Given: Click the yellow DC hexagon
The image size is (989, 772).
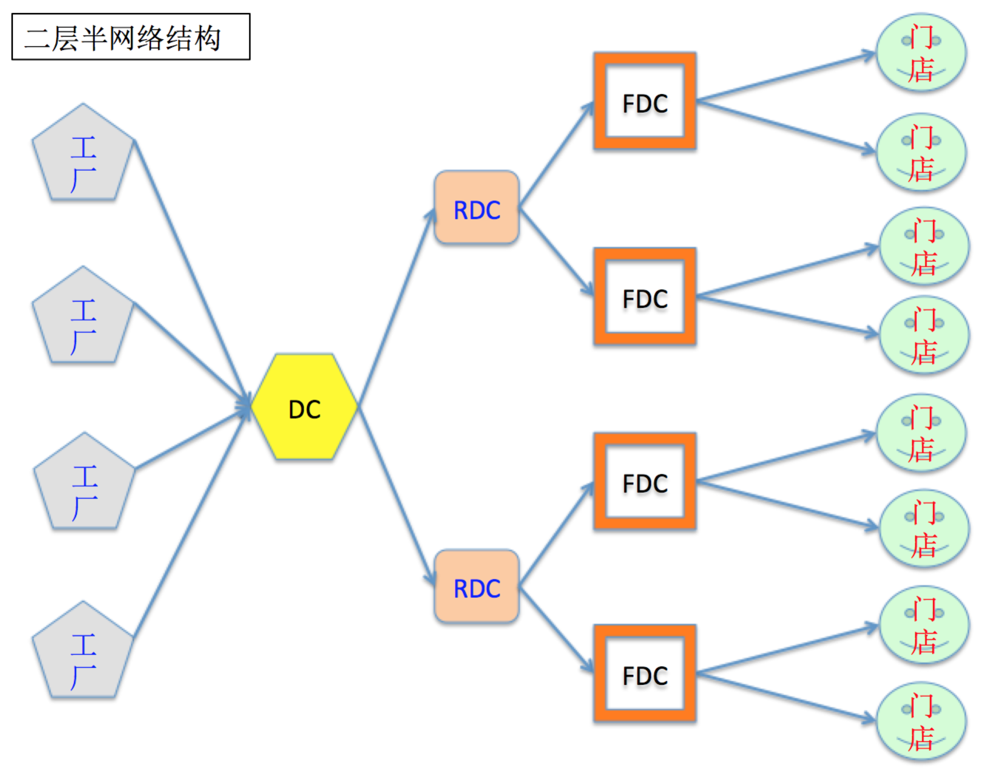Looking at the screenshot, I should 304,407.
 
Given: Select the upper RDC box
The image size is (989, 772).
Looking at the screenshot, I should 476,208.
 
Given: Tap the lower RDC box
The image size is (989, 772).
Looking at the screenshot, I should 476,586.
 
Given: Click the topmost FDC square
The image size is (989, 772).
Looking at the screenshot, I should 645,101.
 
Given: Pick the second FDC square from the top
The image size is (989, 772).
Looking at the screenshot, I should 645,297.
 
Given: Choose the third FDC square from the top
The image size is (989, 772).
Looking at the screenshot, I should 645,481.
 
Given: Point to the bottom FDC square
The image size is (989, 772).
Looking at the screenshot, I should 645,674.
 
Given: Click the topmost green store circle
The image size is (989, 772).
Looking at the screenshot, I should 921,52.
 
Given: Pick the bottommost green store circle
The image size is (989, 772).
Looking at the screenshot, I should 921,721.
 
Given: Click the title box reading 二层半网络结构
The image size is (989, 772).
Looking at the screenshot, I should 131,37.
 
